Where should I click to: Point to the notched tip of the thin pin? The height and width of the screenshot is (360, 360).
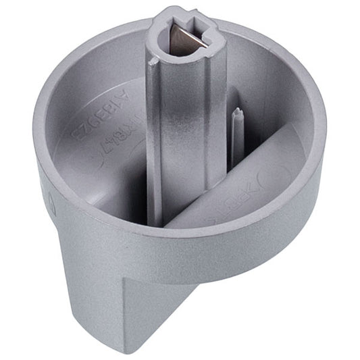[236, 112]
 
